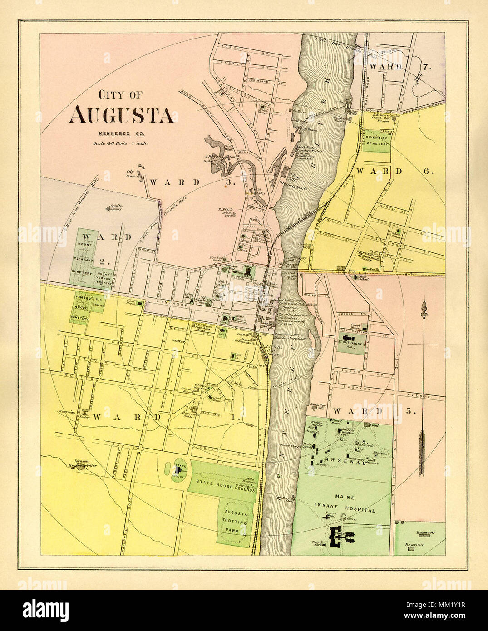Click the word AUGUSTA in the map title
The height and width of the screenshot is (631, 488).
tap(120, 116)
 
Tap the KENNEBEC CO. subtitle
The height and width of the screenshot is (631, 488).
tap(120, 133)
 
